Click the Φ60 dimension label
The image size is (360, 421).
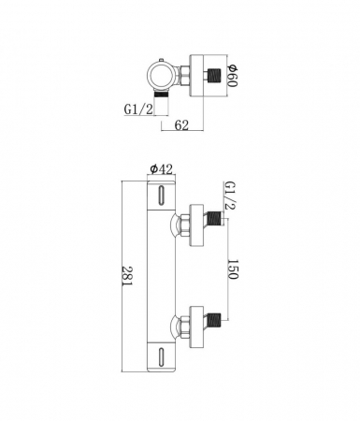pyautogui.click(x=233, y=76)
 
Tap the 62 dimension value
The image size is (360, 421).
pyautogui.click(x=181, y=125)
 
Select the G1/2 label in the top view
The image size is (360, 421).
pyautogui.click(x=138, y=109)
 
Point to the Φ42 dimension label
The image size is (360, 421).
pyautogui.click(x=161, y=169)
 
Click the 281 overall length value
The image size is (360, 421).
pyautogui.click(x=127, y=276)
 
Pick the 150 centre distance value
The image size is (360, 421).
pyautogui.click(x=233, y=269)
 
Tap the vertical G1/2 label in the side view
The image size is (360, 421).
pyautogui.click(x=230, y=196)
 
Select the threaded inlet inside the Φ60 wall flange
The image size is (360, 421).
pyautogui.click(x=214, y=76)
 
